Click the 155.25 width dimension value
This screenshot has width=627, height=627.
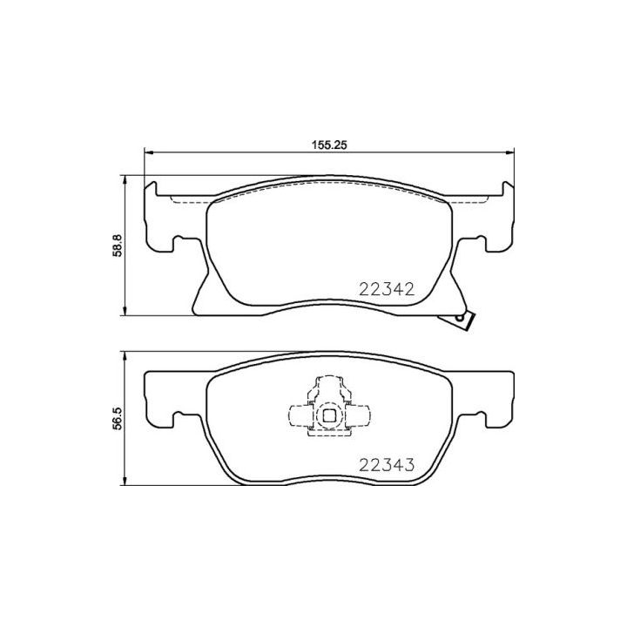coord(330,145)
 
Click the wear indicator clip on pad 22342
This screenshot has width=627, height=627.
coord(462,321)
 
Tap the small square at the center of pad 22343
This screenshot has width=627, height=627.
coord(329,417)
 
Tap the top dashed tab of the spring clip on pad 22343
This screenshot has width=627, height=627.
coord(329,383)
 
